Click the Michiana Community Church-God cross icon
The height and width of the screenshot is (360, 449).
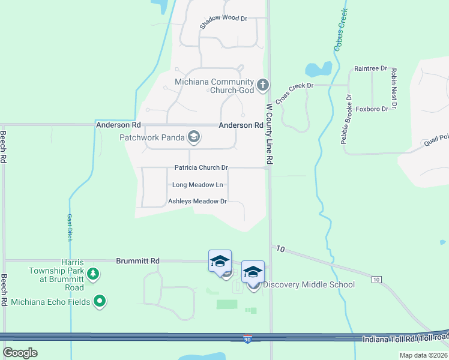pyautogui.click(x=262, y=86)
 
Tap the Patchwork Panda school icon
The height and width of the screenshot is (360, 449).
pyautogui.click(x=193, y=137)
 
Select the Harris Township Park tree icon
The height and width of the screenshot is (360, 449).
pyautogui.click(x=92, y=275)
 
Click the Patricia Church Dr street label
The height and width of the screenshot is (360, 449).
pyautogui.click(x=201, y=168)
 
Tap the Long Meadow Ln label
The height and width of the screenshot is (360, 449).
pyautogui.click(x=197, y=185)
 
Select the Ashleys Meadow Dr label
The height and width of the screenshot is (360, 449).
pyautogui.click(x=197, y=202)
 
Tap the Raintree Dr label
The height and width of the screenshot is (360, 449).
pyautogui.click(x=370, y=69)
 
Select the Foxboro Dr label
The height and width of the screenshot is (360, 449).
pyautogui.click(x=372, y=109)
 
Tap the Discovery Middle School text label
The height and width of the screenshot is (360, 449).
pyautogui.click(x=309, y=285)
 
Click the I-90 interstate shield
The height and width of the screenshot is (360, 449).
pyautogui.click(x=247, y=339)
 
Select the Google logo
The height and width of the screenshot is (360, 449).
pyautogui.click(x=20, y=353)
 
